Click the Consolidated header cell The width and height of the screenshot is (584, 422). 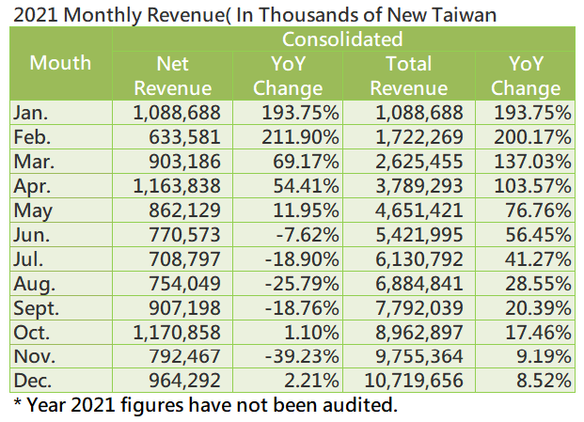342,39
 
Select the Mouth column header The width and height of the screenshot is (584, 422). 60,63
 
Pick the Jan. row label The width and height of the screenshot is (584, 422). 30,113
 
